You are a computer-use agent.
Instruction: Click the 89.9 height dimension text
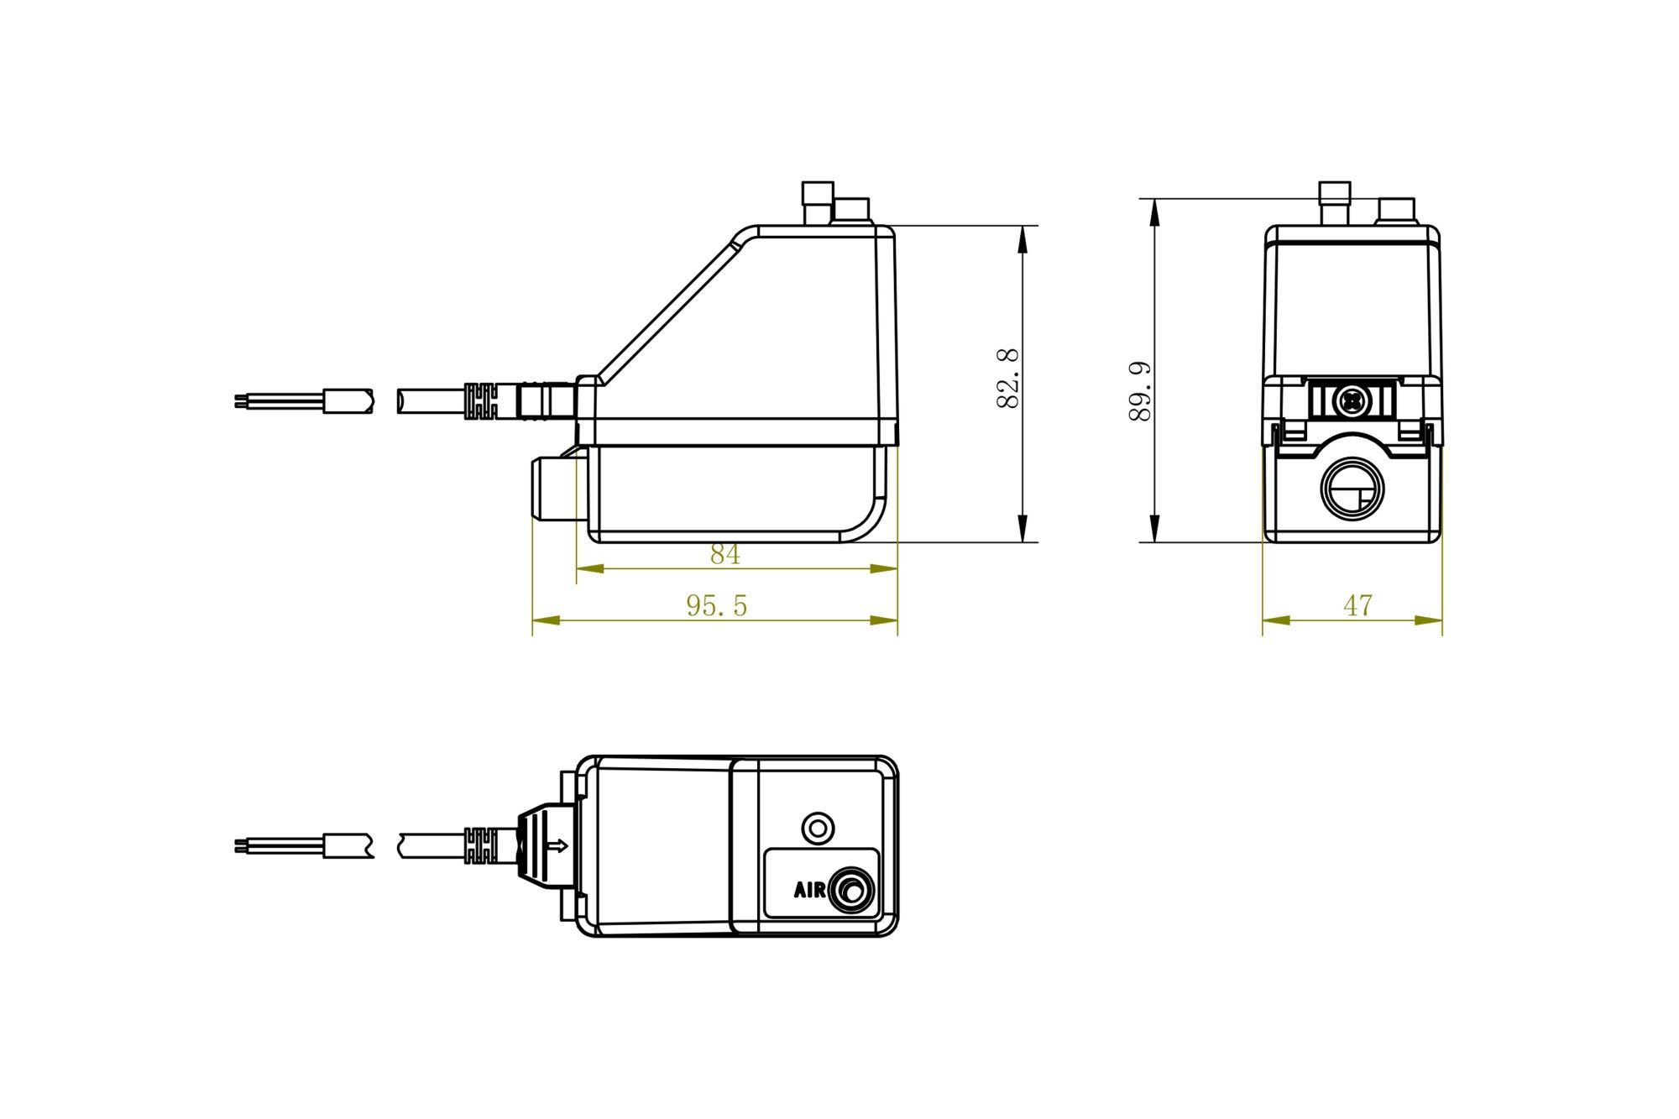coord(1139,391)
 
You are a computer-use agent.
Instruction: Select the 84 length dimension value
coord(724,555)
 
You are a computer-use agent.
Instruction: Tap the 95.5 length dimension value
coord(716,605)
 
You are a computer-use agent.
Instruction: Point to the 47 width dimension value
coord(1357,605)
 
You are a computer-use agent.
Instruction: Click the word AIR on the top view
coord(809,890)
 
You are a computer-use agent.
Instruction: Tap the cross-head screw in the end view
coord(1352,402)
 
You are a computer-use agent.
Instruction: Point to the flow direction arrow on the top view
coord(557,845)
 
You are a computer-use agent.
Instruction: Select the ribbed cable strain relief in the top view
coord(481,845)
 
